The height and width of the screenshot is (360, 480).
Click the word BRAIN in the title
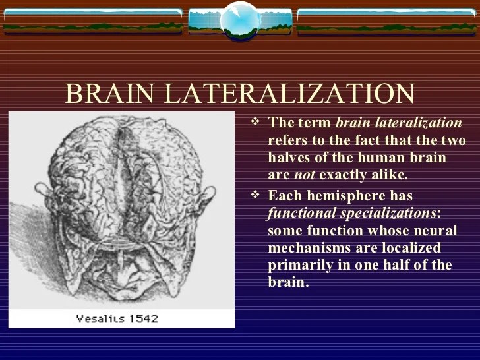coord(111,94)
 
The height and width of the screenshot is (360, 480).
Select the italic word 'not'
coord(304,175)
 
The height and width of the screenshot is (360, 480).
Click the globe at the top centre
coord(240,20)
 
